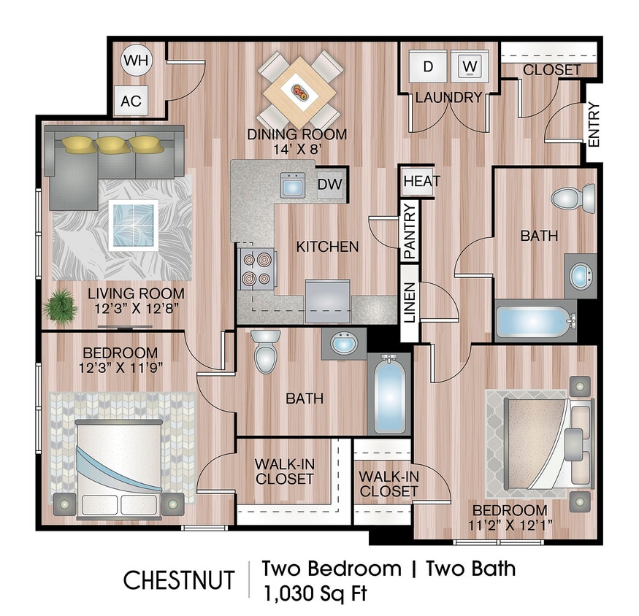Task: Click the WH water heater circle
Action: (134, 61)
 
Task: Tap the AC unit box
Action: (131, 101)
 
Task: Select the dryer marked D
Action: (428, 66)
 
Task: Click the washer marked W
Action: (470, 66)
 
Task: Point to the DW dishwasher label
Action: (329, 185)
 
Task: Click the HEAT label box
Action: (421, 181)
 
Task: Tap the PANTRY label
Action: (410, 232)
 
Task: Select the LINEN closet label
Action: (410, 301)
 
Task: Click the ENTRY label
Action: (593, 125)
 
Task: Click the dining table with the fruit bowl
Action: (300, 91)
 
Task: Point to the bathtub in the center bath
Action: (389, 394)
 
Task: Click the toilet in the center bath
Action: (264, 350)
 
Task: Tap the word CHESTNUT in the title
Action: (179, 580)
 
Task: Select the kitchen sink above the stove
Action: (294, 185)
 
